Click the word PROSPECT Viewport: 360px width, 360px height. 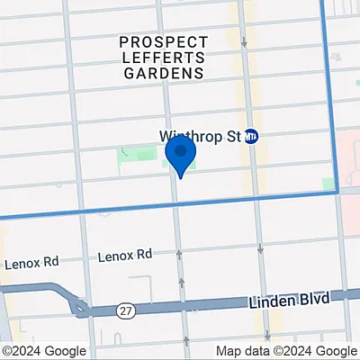tap(165, 42)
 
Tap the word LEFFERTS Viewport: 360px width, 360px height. tap(165, 58)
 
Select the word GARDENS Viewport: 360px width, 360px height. tap(165, 75)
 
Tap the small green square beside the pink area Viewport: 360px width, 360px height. tap(328, 184)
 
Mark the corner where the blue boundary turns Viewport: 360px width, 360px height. tap(337, 191)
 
